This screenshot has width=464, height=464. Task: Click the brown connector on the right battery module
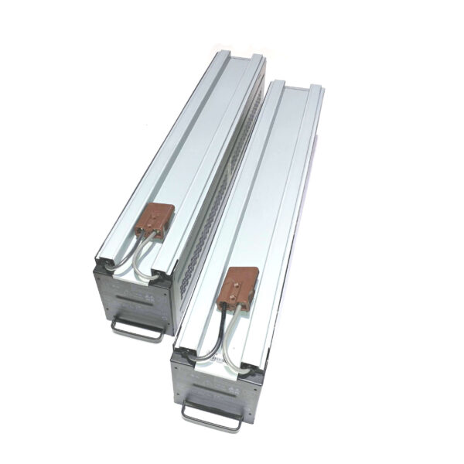(x=241, y=286)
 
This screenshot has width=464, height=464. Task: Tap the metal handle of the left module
(x=138, y=331)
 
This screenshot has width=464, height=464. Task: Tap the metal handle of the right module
(x=211, y=418)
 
